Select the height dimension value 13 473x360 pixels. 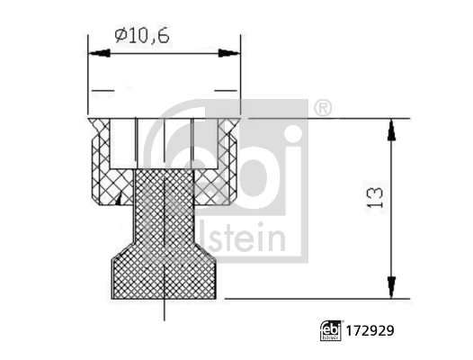click(x=377, y=197)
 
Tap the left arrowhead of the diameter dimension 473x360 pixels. click(x=94, y=55)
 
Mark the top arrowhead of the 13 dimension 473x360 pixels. click(x=391, y=129)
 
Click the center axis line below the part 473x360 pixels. click(x=165, y=310)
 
